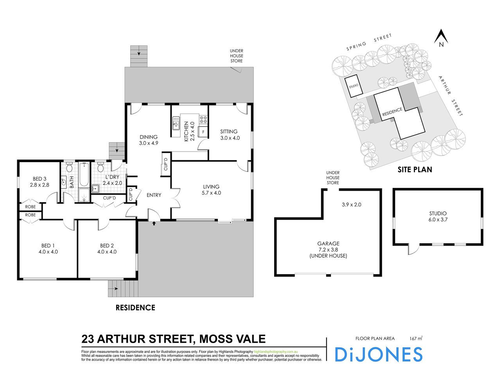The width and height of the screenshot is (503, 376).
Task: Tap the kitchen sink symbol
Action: [176, 125]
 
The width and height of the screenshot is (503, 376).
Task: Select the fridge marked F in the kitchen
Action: [203, 132]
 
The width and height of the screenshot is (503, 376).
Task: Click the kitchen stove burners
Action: [203, 119]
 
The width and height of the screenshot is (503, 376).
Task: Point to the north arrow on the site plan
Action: [441, 38]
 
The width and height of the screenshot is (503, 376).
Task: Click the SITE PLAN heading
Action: [415, 170]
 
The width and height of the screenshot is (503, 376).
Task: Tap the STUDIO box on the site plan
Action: [354, 85]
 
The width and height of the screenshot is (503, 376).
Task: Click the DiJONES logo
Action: [379, 354]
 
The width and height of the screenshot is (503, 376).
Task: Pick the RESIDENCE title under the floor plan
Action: [135, 308]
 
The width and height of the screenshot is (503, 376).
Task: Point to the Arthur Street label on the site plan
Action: [450, 96]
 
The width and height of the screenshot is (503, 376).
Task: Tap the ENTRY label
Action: [154, 195]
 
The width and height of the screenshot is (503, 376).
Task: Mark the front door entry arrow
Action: [154, 224]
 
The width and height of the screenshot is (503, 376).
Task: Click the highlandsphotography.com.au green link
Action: [276, 352]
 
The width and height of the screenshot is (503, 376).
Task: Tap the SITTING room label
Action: [229, 132]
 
